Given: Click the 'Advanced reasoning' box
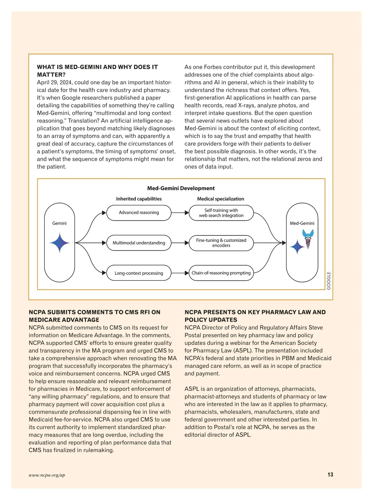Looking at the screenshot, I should [139, 213].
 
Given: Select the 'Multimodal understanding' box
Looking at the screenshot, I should [139, 243].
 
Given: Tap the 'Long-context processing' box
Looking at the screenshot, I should [139, 273].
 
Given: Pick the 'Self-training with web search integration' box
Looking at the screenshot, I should [221, 213].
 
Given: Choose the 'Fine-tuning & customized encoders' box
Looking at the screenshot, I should [221, 243].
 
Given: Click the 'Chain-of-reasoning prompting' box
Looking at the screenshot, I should [221, 273].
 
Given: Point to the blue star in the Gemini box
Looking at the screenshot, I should [60, 243].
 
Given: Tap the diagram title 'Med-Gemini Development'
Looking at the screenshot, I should [181, 188].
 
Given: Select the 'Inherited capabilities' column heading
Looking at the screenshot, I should [139, 199].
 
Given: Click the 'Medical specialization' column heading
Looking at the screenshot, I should [221, 199].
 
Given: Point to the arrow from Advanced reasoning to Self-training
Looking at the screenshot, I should [180, 213].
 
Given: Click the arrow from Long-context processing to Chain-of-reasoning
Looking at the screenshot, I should [180, 273].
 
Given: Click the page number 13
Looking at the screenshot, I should [330, 475].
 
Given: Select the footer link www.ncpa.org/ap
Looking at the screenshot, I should [47, 475].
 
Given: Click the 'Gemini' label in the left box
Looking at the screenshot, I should [59, 223].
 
